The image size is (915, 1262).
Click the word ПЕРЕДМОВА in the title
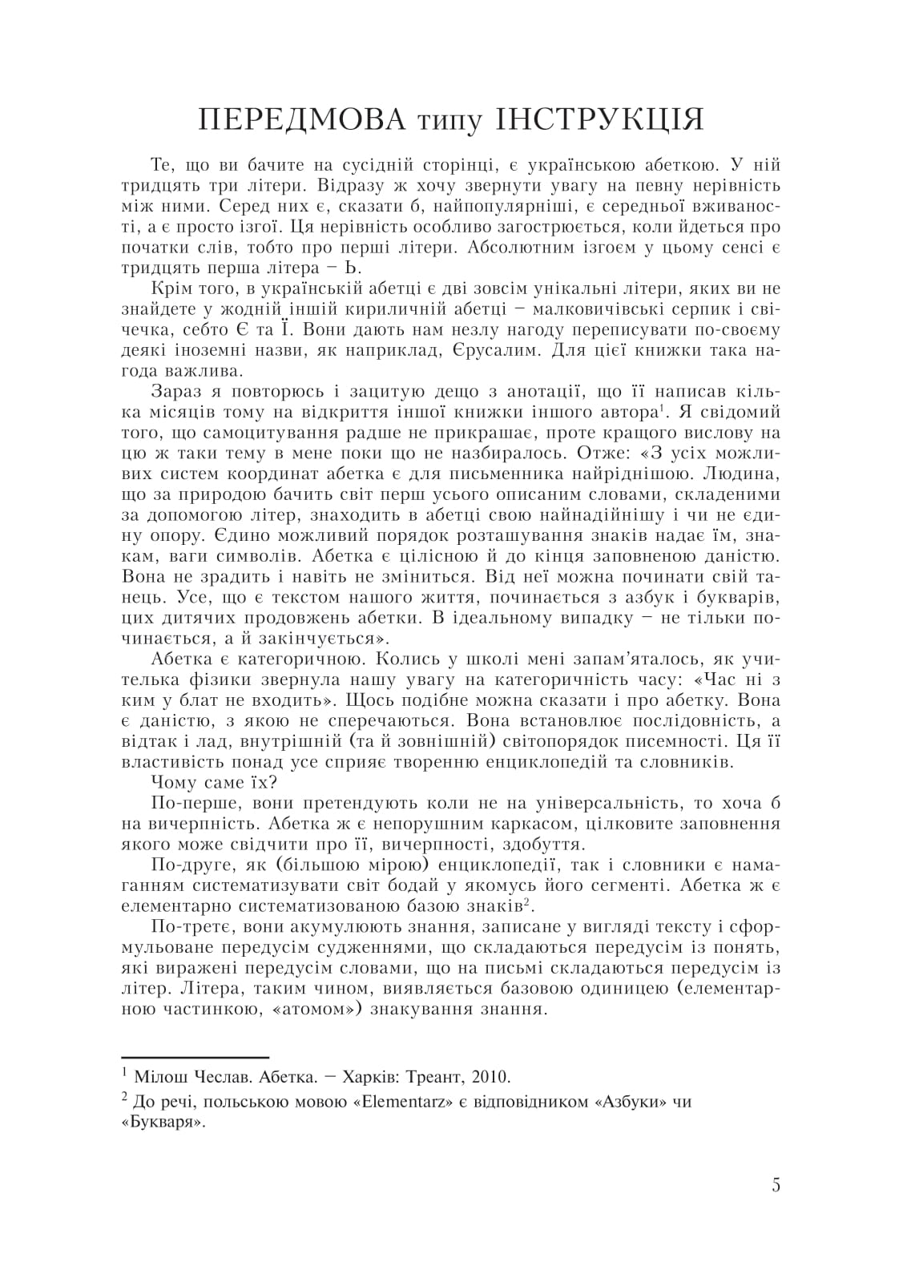coord(299,121)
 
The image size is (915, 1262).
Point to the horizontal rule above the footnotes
coord(195,1058)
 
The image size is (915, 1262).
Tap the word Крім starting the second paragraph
coord(170,288)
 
